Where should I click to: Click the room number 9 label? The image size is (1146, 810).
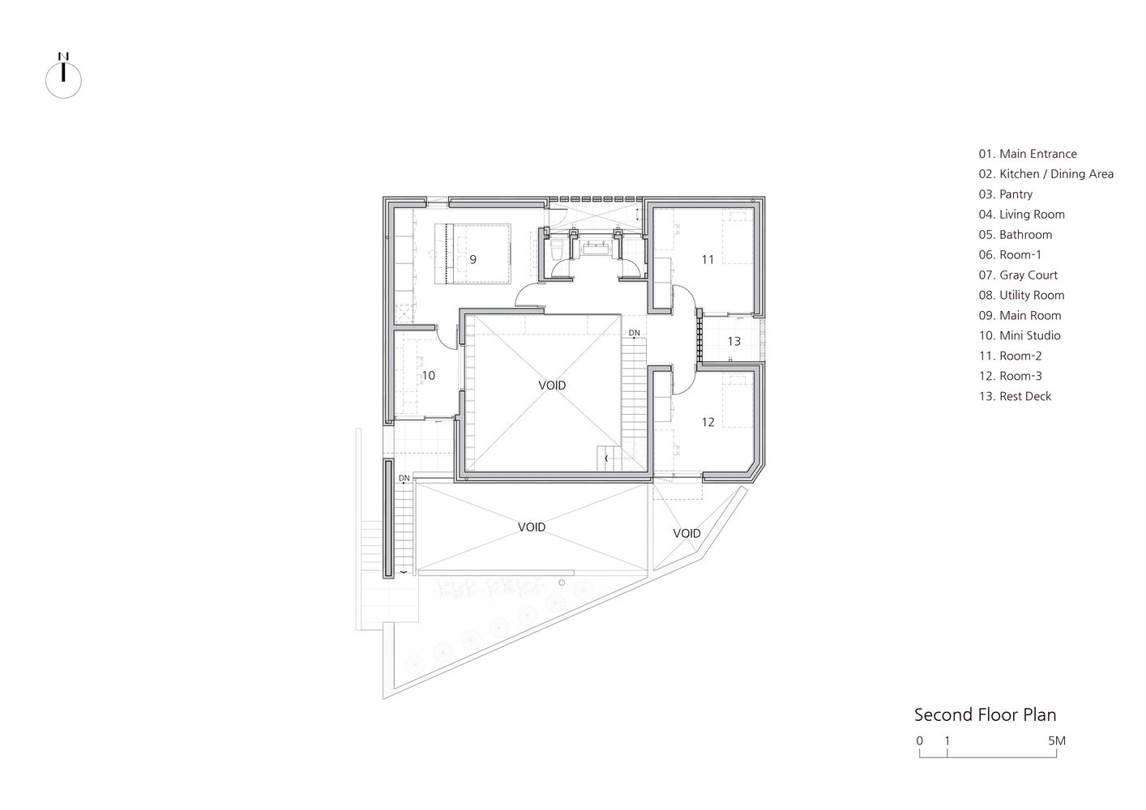pos(473,260)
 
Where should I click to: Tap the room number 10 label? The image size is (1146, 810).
pos(428,376)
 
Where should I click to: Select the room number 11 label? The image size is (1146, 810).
pos(708,260)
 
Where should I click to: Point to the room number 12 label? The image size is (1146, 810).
pos(708,422)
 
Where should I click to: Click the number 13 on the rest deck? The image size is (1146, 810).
pos(733,341)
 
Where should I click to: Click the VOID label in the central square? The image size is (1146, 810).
pos(552,385)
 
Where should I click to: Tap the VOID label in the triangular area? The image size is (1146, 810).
pos(686,533)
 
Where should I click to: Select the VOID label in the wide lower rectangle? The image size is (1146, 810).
pos(532,526)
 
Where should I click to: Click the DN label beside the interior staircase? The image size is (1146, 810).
pos(635,333)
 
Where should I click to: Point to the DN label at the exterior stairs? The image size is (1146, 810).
pos(404,479)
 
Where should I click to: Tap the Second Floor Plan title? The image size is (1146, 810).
pos(985,715)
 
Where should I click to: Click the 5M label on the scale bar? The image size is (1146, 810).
pos(1057,740)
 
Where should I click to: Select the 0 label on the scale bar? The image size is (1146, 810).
pos(919,740)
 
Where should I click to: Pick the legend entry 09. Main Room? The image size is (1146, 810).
pos(1020,316)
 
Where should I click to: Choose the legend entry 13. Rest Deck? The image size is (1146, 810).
pos(1015,396)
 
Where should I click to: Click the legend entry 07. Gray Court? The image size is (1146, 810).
pos(1018,275)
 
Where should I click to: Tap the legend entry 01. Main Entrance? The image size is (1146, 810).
pos(1028,154)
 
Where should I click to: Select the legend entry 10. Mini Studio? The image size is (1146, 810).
pos(1020,335)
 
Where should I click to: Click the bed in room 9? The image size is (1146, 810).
pos(473,254)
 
